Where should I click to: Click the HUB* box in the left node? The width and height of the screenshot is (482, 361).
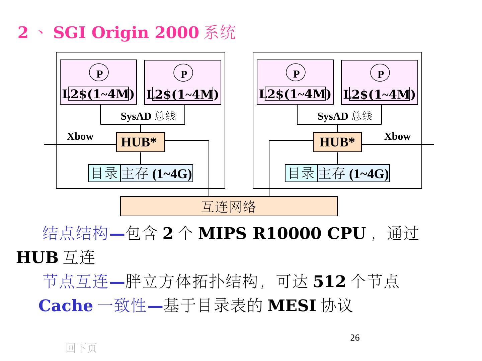pos(140,142)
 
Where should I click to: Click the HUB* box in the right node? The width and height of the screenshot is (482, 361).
pos(337,142)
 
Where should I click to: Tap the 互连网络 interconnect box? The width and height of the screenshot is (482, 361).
pos(229,206)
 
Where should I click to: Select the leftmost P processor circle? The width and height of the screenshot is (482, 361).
pos(99,73)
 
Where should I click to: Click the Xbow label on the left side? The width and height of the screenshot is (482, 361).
pos(80,136)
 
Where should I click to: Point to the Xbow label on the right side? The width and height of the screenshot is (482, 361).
pos(397,136)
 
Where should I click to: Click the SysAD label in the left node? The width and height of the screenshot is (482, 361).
pos(136,116)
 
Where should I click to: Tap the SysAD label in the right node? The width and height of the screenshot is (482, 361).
pos(333,116)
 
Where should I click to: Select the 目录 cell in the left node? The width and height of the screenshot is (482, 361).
pos(104,173)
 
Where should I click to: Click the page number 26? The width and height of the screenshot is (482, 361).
pos(355,338)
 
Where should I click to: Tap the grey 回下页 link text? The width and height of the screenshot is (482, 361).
pos(81,348)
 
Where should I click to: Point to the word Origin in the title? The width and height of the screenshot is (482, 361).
pos(120,33)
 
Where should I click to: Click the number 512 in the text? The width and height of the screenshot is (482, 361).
pos(329,281)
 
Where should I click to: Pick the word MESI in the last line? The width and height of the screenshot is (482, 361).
pos(292,306)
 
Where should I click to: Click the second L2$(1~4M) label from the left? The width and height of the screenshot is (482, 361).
pos(182,94)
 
